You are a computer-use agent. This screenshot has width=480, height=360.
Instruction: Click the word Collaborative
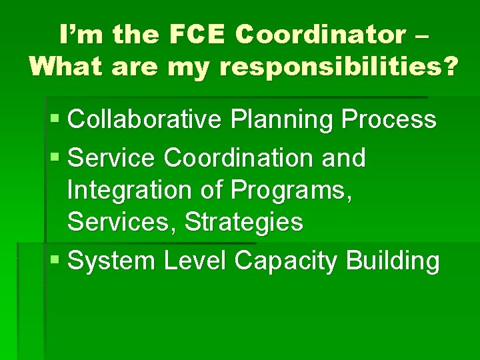[x=146, y=120]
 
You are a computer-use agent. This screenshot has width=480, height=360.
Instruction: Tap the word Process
[x=389, y=120]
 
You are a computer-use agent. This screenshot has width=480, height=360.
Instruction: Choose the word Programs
[x=291, y=191]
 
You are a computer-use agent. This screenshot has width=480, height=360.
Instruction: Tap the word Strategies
[x=244, y=222]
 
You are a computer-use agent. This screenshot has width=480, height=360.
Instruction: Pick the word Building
[x=393, y=261]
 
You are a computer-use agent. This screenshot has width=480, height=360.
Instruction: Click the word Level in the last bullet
[x=196, y=261]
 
